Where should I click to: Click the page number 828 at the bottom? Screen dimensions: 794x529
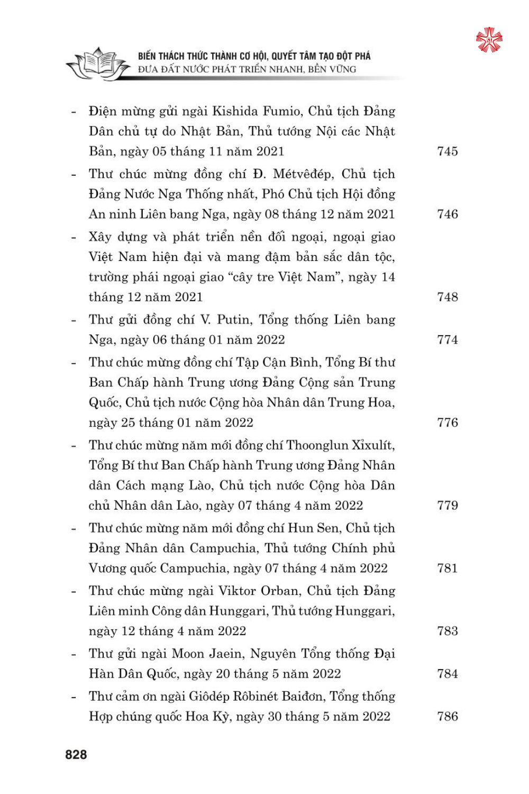(76, 755)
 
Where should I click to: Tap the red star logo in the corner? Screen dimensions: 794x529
(489, 40)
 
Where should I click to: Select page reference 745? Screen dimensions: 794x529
(447, 151)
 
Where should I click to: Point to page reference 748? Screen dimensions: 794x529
(447, 297)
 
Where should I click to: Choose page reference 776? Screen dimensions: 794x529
(447, 422)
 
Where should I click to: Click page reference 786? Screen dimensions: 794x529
(447, 716)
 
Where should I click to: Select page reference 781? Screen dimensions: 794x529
(447, 568)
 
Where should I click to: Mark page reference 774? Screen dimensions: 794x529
(447, 340)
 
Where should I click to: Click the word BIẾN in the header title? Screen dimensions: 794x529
(147, 56)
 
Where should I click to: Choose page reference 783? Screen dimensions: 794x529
(447, 631)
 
